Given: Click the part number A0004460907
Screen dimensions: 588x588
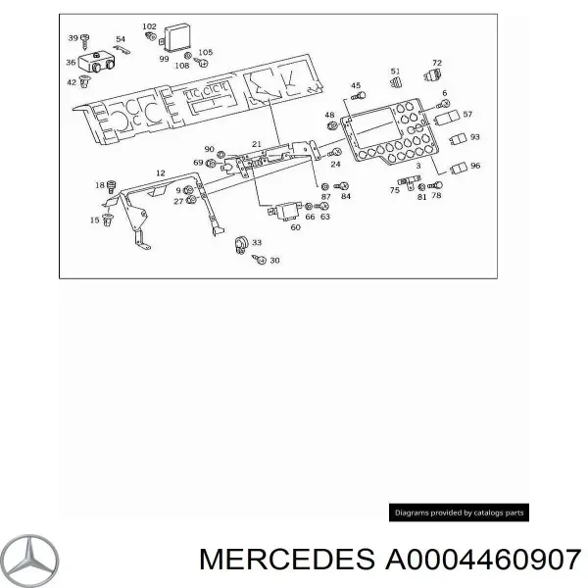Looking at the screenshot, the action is pos(483,560).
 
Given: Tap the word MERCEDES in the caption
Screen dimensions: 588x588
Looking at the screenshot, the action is pos(287,560).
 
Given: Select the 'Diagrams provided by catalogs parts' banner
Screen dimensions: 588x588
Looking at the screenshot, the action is pos(459,513).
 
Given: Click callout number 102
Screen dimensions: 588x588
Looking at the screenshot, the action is pos(149,26).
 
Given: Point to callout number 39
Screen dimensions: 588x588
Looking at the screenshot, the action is pos(73,38).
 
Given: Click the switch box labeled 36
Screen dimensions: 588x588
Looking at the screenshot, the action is pos(97,63).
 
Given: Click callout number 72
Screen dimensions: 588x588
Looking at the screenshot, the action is pos(437,63).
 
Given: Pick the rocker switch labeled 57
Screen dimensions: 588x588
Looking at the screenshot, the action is pos(447,118).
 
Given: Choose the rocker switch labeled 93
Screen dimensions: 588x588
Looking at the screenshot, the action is pos(458,139).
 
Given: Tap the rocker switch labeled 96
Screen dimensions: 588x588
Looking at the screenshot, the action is pos(459,169).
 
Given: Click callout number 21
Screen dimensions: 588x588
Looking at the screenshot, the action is pos(257,144).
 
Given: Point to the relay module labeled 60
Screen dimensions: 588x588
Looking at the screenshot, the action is pos(285,211).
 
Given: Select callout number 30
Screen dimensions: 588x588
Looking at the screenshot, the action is pos(274,261).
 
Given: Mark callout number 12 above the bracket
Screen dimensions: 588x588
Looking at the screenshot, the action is pos(160,172).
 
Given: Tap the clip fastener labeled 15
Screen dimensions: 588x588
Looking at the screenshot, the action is pos(108,220).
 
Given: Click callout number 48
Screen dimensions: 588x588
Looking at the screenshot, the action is pos(329,115).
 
